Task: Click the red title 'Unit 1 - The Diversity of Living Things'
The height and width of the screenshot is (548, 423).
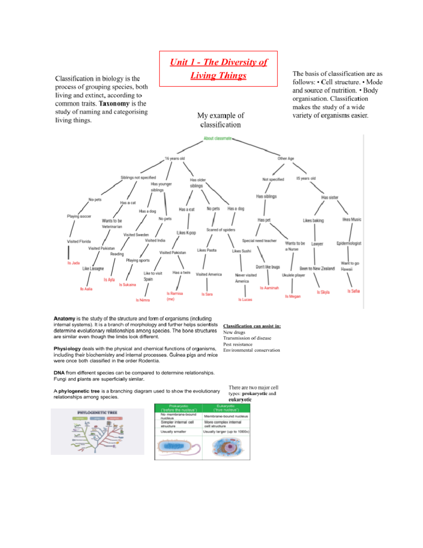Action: tap(218, 68)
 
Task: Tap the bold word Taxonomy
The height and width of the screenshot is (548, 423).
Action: tap(114, 103)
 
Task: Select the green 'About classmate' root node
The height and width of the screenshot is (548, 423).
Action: tap(217, 138)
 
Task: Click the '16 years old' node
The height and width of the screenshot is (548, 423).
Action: tap(175, 158)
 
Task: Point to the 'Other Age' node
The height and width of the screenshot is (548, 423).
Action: tap(286, 158)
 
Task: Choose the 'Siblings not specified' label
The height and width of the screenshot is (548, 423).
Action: tap(138, 177)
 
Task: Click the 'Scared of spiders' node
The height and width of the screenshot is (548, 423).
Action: tap(221, 230)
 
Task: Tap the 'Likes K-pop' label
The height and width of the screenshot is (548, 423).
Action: tap(186, 233)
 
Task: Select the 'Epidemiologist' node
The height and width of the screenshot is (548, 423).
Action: tap(349, 243)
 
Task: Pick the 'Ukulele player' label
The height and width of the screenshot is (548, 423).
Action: tap(293, 275)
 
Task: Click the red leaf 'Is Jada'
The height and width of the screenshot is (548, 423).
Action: tap(74, 263)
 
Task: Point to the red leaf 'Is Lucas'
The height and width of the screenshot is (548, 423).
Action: tap(245, 300)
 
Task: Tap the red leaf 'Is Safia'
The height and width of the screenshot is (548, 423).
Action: tap(353, 291)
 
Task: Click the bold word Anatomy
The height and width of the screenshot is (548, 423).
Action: tap(64, 318)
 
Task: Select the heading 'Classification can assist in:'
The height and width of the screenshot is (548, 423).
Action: tap(252, 326)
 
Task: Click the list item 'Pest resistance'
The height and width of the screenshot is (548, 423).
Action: tap(238, 344)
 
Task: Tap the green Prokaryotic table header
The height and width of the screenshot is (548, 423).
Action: tap(179, 408)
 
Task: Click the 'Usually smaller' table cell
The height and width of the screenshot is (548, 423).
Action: tap(173, 432)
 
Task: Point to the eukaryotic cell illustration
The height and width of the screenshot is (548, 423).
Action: tap(226, 447)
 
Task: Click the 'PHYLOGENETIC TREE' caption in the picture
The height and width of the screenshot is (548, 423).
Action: tap(97, 412)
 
